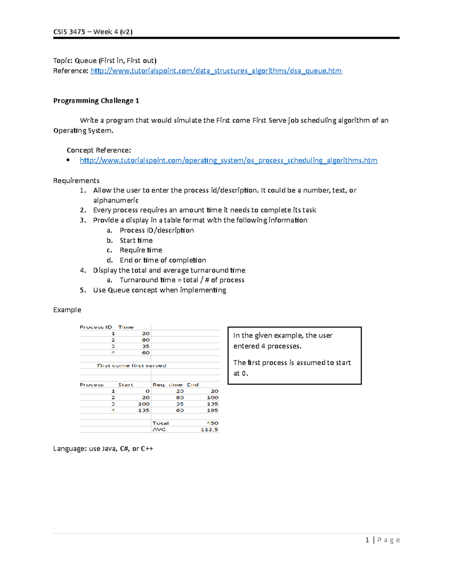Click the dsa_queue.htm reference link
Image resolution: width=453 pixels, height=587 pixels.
pyautogui.click(x=216, y=71)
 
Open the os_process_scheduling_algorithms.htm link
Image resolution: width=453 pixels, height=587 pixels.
pyautogui.click(x=228, y=160)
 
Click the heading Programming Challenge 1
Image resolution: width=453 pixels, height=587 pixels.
pyautogui.click(x=96, y=101)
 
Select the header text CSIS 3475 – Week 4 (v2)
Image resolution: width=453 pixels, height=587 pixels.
pyautogui.click(x=93, y=32)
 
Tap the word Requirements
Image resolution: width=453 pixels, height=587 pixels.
pyautogui.click(x=76, y=181)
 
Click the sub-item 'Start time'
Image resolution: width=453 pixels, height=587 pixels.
pyautogui.click(x=136, y=240)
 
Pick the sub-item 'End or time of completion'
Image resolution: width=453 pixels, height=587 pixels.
pyautogui.click(x=163, y=260)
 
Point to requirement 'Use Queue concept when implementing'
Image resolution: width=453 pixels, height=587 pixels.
pyautogui.click(x=159, y=290)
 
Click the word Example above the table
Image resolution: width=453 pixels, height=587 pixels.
pyautogui.click(x=67, y=310)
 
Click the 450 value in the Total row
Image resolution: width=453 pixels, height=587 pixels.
pyautogui.click(x=212, y=423)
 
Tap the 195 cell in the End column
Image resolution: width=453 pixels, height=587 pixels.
pyautogui.click(x=212, y=410)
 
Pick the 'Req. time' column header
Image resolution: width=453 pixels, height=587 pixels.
pyautogui.click(x=167, y=385)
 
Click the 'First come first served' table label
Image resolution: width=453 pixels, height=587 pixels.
pyautogui.click(x=131, y=366)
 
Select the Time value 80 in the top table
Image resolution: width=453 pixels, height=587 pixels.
pyautogui.click(x=146, y=340)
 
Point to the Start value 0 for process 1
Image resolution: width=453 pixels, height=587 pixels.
pyautogui.click(x=147, y=391)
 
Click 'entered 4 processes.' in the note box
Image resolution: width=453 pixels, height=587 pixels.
pyautogui.click(x=267, y=346)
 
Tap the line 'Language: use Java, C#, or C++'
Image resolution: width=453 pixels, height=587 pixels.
pyautogui.click(x=103, y=449)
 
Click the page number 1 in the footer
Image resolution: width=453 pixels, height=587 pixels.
pyautogui.click(x=367, y=540)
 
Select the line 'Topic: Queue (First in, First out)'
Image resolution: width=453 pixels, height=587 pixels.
pyautogui.click(x=105, y=60)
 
